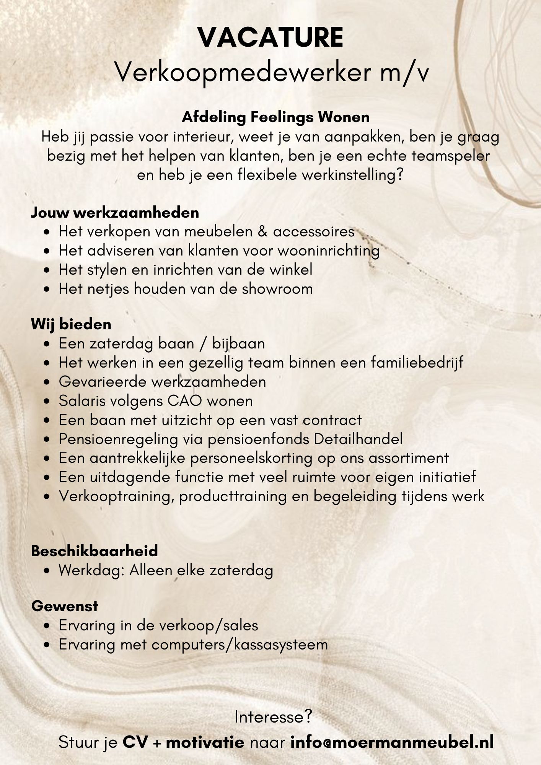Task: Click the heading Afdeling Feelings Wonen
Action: (x=275, y=117)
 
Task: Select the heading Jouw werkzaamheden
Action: (x=115, y=213)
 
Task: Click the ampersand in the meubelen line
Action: (x=262, y=231)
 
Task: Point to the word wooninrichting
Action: (x=328, y=251)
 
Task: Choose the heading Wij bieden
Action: (x=71, y=324)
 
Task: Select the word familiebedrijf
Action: (x=417, y=363)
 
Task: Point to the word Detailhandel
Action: (x=358, y=439)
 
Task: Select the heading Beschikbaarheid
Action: (x=95, y=551)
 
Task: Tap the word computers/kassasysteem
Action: (x=240, y=645)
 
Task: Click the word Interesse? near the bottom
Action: (x=273, y=717)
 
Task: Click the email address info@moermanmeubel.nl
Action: (x=392, y=742)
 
